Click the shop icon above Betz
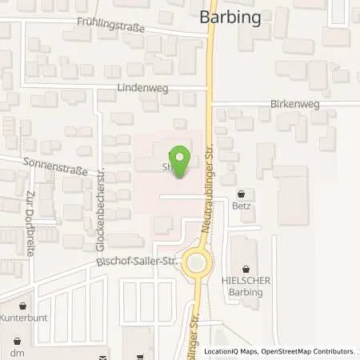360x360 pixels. coord(242,193)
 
